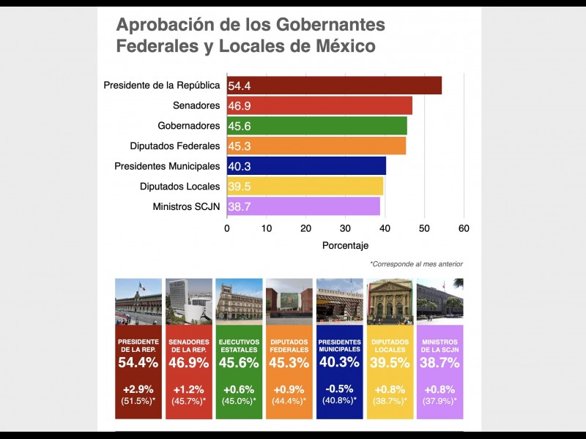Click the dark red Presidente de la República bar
(x=334, y=86)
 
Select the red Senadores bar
(x=319, y=105)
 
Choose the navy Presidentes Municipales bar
(x=306, y=166)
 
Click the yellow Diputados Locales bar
(x=305, y=187)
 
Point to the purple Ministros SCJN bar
(x=303, y=207)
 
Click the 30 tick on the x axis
(x=345, y=228)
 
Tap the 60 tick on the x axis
(x=464, y=228)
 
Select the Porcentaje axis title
(x=345, y=245)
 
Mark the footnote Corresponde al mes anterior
(x=416, y=263)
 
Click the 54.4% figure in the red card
(x=138, y=361)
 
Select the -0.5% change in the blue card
(x=339, y=389)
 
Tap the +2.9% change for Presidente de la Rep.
(x=138, y=389)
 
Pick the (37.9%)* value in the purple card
(x=439, y=401)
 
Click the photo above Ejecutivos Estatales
(x=239, y=301)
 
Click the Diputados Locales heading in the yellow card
(x=390, y=345)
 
